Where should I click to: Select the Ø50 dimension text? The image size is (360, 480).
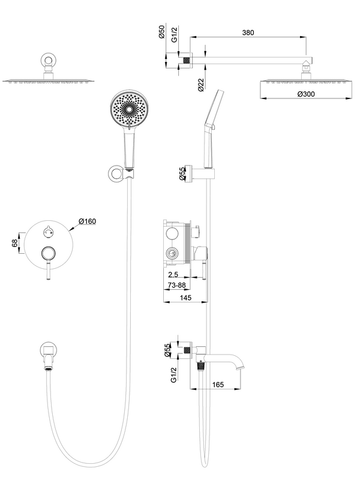(x=162, y=34)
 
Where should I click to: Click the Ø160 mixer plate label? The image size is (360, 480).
(x=86, y=221)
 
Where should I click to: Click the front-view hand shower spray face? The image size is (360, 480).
(x=128, y=109)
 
